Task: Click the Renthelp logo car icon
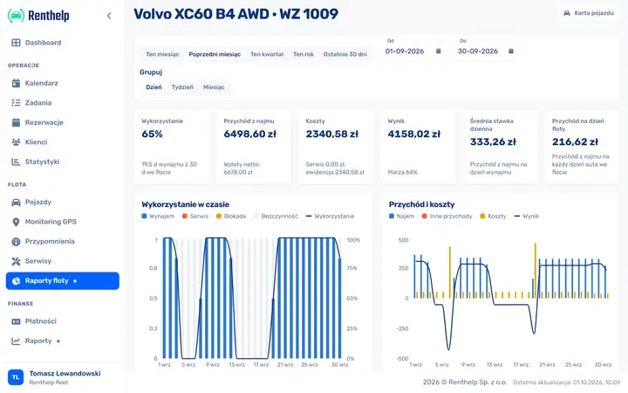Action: pos(16,16)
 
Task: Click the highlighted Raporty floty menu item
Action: pos(63,280)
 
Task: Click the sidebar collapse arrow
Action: pos(109,16)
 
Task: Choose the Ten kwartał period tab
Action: pos(267,54)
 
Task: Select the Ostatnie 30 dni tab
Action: pos(345,54)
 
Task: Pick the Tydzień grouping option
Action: pos(182,87)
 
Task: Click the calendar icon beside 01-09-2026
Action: pos(439,51)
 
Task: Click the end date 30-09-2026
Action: pos(478,52)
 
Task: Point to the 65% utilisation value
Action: pos(152,134)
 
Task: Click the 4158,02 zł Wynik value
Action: pos(414,134)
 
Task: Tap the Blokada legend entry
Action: pos(231,217)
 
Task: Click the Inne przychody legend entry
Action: pos(447,217)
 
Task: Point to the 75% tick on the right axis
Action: pos(352,268)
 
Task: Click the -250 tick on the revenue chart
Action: pos(402,328)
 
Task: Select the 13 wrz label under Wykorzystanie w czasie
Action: pos(236,364)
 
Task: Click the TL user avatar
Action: pos(16,377)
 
